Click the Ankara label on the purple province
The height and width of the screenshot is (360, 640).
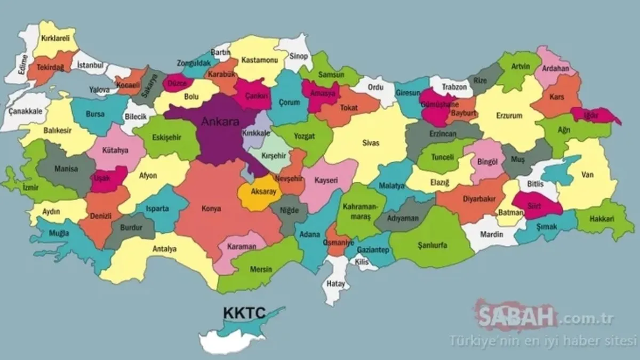220,122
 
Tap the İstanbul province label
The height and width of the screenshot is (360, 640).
90,65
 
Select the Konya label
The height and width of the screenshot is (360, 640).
212,209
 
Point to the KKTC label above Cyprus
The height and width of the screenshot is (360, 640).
245,312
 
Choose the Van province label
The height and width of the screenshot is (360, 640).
588,174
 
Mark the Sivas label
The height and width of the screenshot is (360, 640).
370,143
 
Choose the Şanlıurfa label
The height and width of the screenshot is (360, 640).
432,245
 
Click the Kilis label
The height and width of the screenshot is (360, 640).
361,262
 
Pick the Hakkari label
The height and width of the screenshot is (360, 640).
603,219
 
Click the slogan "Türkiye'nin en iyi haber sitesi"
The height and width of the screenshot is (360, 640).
543,339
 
